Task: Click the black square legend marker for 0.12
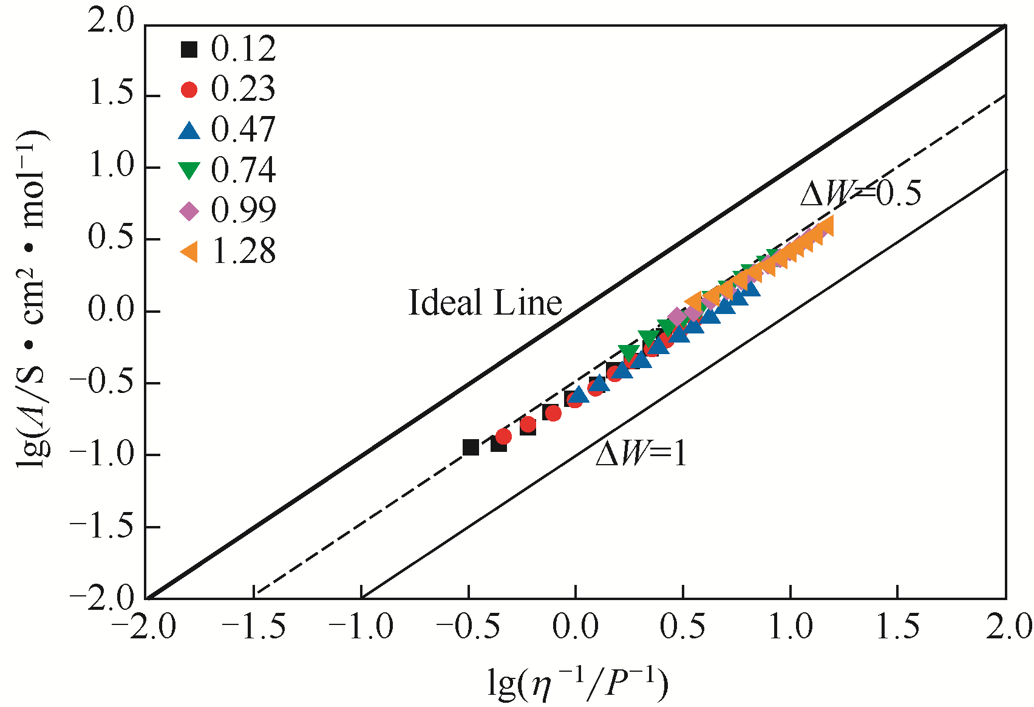(x=189, y=49)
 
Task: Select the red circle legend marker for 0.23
(x=189, y=90)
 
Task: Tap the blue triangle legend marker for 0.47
(x=189, y=131)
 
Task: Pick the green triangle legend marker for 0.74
(x=189, y=171)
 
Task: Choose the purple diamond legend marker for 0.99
(x=189, y=211)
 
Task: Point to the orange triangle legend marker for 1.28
(x=189, y=251)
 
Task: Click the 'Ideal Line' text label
(x=485, y=302)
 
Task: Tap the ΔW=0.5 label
(x=860, y=194)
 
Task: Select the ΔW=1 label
(x=641, y=453)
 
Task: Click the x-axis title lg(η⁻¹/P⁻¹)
(x=577, y=683)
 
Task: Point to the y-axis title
(x=32, y=298)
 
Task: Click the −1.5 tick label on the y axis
(x=102, y=526)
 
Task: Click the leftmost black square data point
(x=471, y=448)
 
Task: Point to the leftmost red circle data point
(x=503, y=437)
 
